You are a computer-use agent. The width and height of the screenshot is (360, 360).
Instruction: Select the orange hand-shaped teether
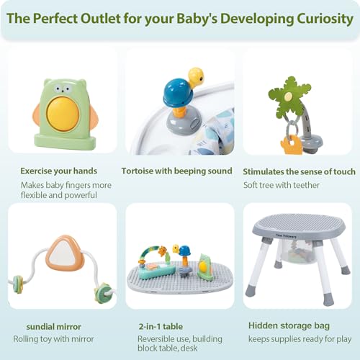click(291, 144)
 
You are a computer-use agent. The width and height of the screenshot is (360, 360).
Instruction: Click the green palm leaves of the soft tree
click(289, 98)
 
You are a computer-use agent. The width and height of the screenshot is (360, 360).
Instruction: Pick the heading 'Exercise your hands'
click(58, 171)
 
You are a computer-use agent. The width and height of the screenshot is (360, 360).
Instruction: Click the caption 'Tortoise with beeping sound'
click(176, 171)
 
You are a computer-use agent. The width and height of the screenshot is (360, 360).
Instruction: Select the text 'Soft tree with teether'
click(282, 185)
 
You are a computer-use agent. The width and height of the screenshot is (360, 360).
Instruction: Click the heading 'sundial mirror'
click(53, 327)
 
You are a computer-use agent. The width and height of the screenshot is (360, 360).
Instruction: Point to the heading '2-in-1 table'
click(161, 326)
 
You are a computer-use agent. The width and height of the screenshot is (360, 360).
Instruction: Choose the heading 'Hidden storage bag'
click(289, 325)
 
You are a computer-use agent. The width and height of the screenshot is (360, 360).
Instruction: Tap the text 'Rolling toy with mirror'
click(53, 339)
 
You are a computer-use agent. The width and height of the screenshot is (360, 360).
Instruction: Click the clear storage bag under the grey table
click(297, 251)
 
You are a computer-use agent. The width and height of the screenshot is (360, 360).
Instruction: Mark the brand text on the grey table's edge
click(286, 236)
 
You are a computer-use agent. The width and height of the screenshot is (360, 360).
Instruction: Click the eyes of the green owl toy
click(62, 89)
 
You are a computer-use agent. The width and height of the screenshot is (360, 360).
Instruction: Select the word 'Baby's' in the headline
click(197, 19)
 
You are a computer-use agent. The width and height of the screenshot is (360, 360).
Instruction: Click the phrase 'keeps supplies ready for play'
click(300, 339)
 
